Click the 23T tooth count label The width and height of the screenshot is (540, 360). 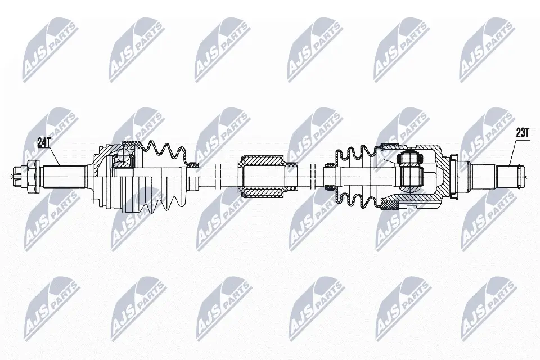(x=523, y=133)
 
